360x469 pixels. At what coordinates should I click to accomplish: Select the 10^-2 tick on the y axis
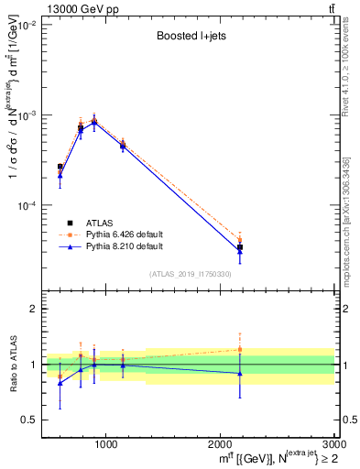[x=27, y=26]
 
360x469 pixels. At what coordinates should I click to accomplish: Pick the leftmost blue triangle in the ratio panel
[x=60, y=383]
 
